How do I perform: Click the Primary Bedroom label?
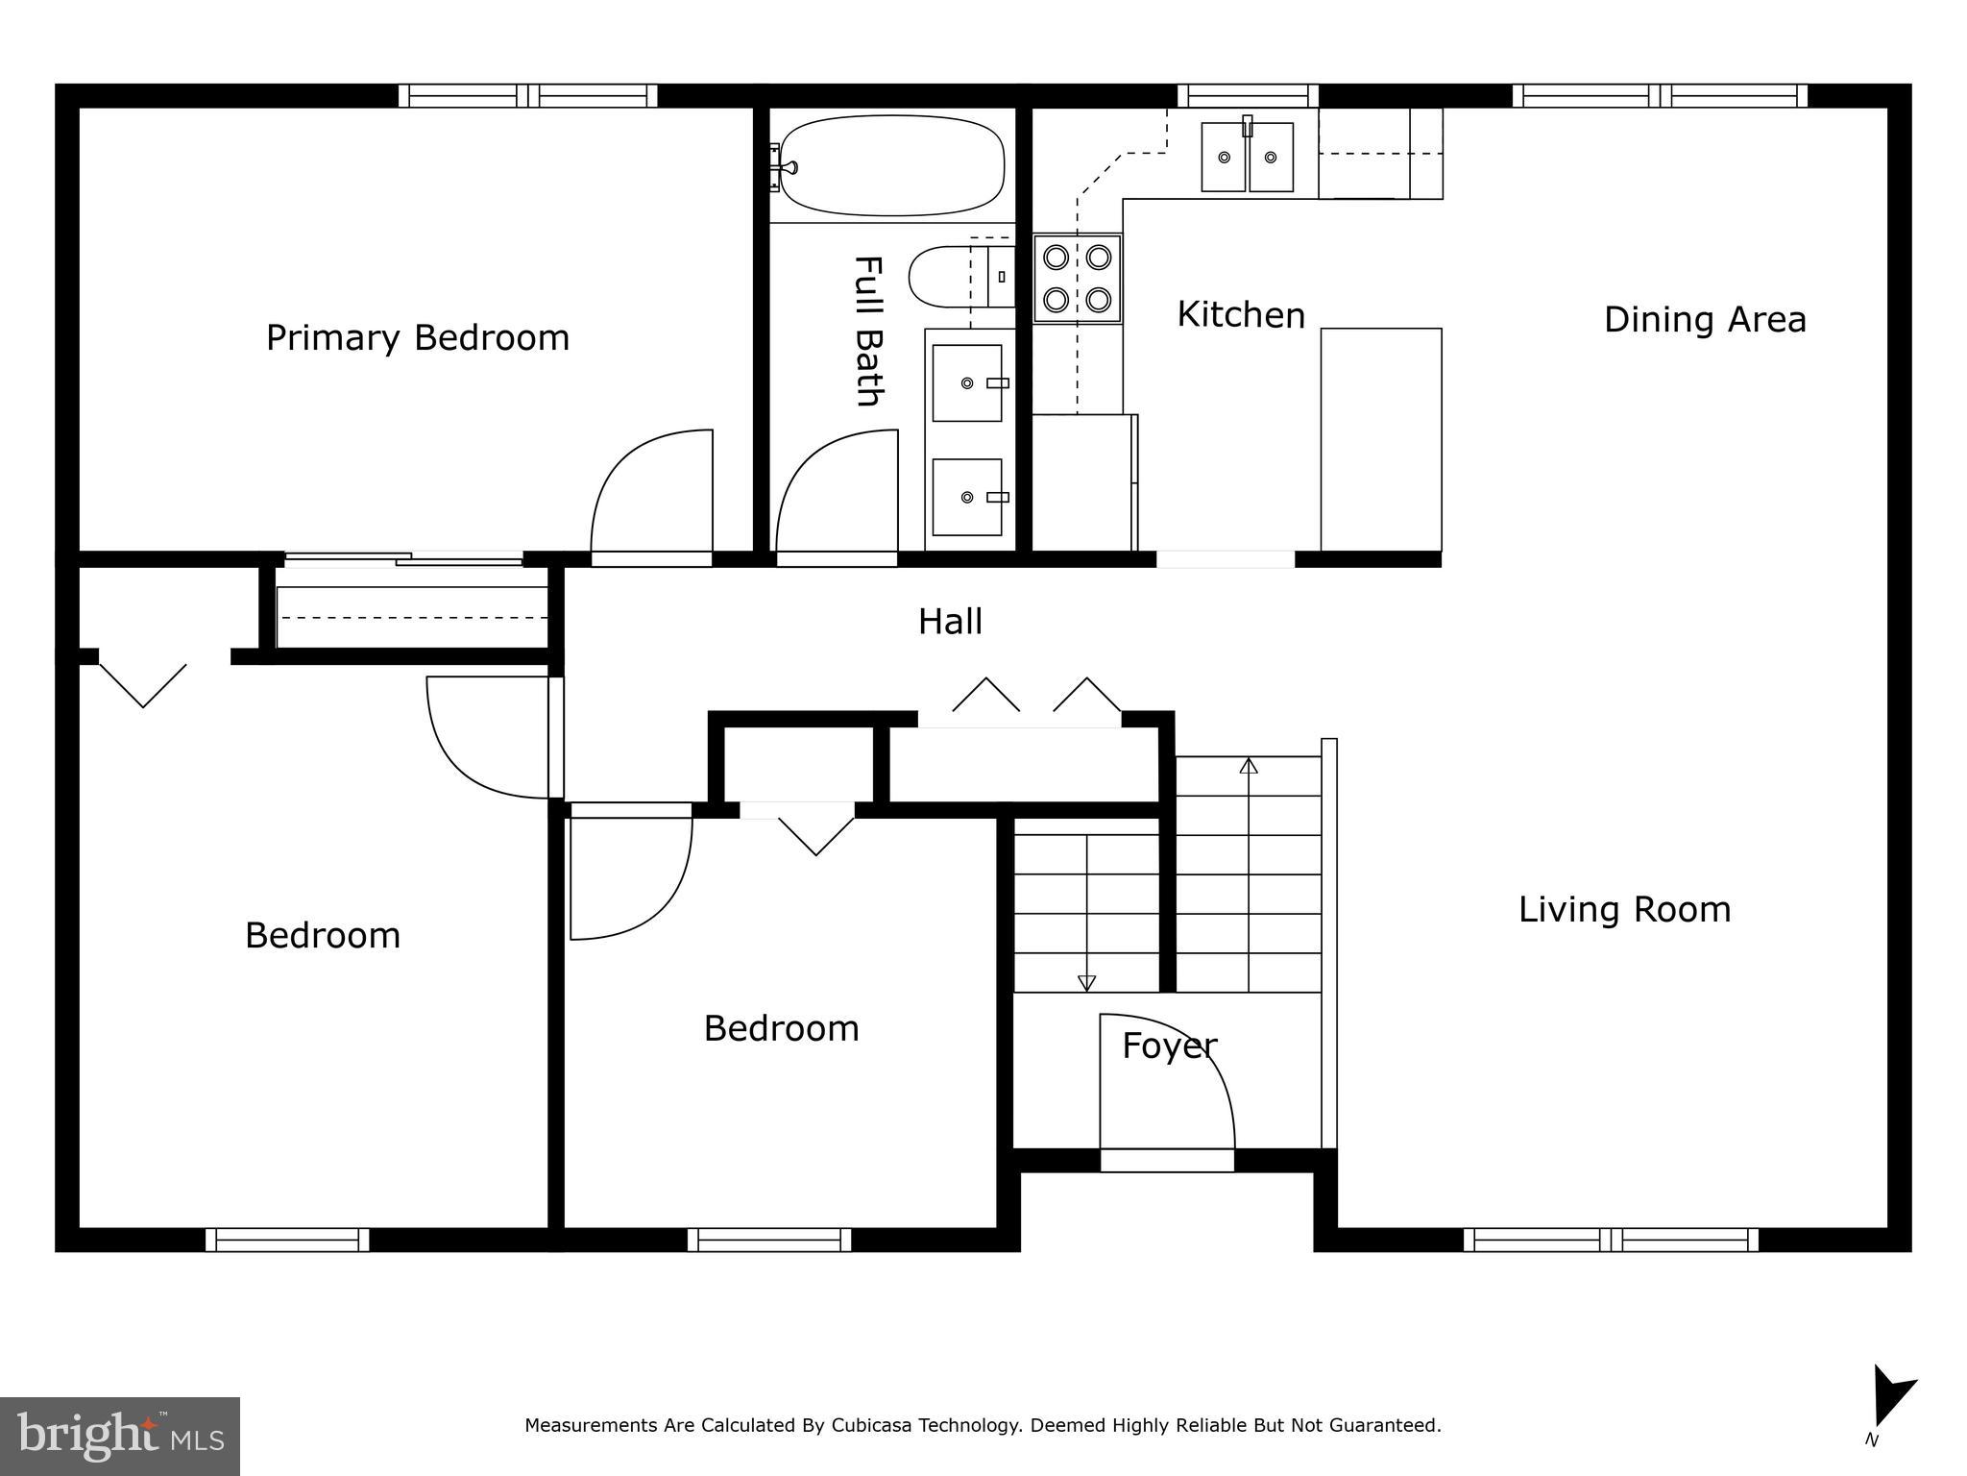coord(418,338)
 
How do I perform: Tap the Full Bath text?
coord(868,331)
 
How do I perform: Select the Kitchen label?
coord(1241,315)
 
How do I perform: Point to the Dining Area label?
coord(1705,320)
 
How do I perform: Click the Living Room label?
coord(1624,910)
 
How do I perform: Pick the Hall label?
coord(950,622)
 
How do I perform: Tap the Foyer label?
coord(1169,1045)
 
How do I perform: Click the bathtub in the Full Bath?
coord(892,165)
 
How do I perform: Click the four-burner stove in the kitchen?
coord(1077,279)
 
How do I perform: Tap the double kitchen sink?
coord(1248,157)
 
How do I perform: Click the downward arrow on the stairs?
coord(1086,982)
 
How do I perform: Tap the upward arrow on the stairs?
coord(1249,766)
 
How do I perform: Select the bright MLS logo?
coord(120,1437)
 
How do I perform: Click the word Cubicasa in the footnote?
coord(869,1425)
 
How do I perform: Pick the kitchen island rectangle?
coord(1381,439)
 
